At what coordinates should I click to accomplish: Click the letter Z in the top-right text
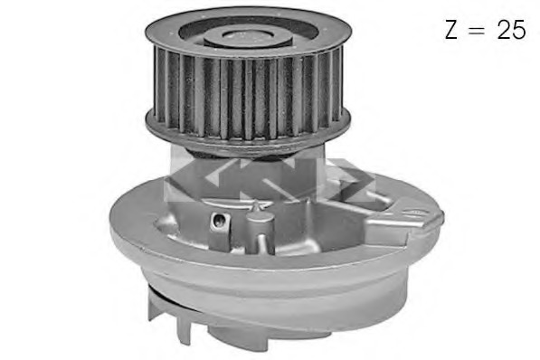(450, 30)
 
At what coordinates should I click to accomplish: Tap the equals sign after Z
(478, 30)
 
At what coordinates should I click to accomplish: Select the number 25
(511, 30)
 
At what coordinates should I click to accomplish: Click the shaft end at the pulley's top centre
(248, 36)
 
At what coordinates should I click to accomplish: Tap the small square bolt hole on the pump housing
(219, 220)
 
